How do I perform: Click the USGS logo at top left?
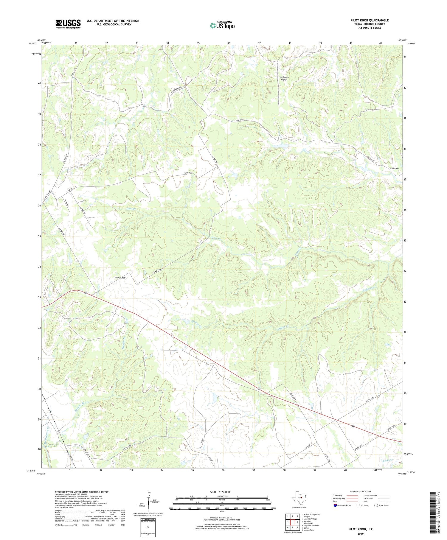pyautogui.click(x=68, y=24)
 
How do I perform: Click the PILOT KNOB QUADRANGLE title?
pyautogui.click(x=369, y=20)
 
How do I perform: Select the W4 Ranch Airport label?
pyautogui.click(x=284, y=78)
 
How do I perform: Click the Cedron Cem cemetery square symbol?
pyautogui.click(x=398, y=171)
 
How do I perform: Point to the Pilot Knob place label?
pyautogui.click(x=120, y=277)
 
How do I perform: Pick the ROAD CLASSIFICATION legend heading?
pyautogui.click(x=361, y=491)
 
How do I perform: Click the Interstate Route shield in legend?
pyautogui.click(x=335, y=505)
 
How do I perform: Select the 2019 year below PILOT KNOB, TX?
pyautogui.click(x=360, y=534)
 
